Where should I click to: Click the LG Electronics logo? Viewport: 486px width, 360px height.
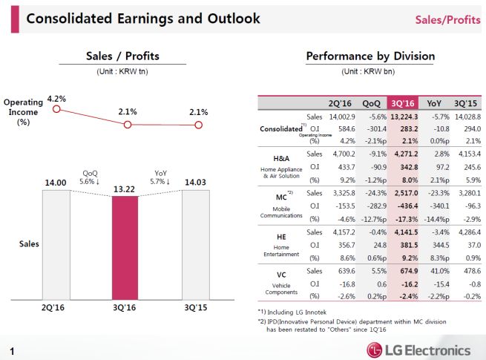(419, 350)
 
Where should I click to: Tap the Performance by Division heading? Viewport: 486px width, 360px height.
(370, 56)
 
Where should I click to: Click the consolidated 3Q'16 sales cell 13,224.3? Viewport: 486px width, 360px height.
(404, 117)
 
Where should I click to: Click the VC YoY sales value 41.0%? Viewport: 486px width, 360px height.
(438, 271)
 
